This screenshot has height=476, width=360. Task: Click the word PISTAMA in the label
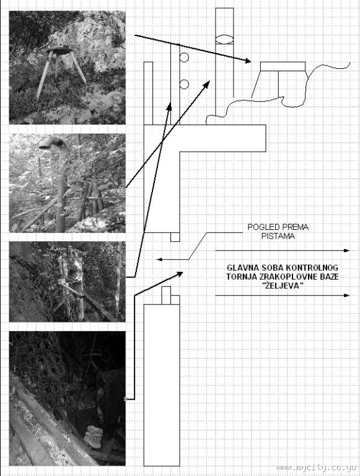coord(278,236)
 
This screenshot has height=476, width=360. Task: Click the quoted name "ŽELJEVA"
coord(283,286)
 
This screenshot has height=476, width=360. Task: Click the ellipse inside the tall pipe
coord(224,40)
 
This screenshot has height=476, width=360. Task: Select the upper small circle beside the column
coord(184,58)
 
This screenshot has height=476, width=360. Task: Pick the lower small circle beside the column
coord(184,84)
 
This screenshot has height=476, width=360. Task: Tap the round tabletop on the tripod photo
coord(60,51)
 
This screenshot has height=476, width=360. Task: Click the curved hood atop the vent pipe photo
coord(50,143)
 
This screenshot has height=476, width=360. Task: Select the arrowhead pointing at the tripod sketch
coord(248,61)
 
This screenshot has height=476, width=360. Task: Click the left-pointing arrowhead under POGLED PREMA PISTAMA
coord(159,260)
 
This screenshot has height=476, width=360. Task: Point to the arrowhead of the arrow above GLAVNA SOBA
coord(346,251)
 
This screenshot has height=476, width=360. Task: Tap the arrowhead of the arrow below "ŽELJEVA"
coord(346,296)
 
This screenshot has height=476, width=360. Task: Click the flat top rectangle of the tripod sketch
coord(283,66)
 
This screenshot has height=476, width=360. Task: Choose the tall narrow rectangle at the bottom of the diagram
coord(162,386)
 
